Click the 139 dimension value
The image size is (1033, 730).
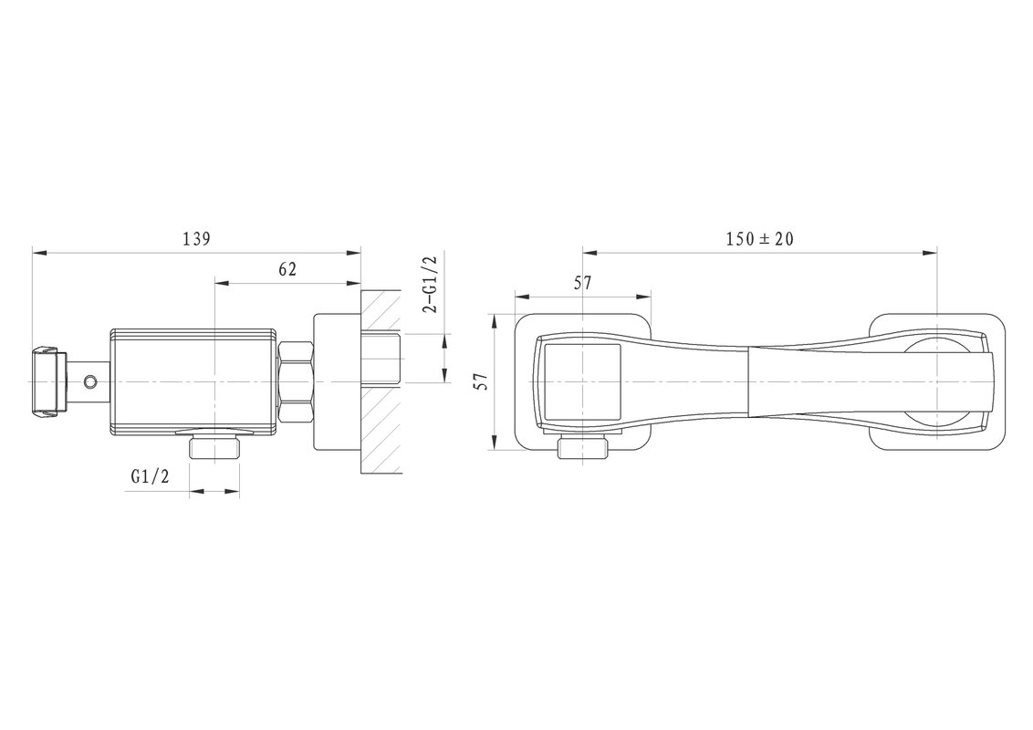pos(196,238)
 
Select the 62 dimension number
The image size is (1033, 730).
pos(287,269)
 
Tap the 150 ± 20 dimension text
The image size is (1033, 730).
pos(760,238)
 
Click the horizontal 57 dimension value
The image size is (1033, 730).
pos(582,283)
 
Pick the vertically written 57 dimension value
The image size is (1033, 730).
pos(483,381)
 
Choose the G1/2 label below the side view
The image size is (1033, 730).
pos(151,475)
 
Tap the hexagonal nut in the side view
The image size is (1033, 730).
pos(296,381)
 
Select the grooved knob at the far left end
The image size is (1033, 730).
pos(47,381)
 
